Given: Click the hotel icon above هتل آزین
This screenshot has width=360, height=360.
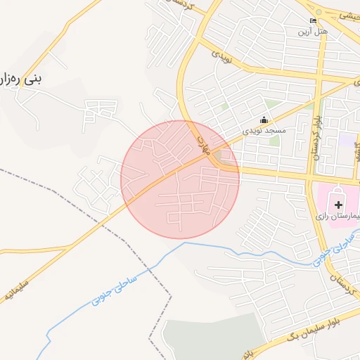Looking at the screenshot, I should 313,21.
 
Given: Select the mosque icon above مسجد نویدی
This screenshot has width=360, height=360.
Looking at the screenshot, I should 264,120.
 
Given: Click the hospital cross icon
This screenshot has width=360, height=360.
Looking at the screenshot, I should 339,205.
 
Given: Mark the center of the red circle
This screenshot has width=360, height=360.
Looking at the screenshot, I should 180,179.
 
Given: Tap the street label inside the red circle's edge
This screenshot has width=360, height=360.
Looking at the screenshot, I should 203,145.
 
